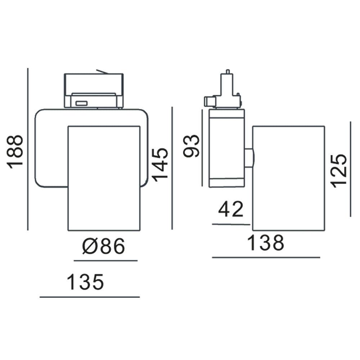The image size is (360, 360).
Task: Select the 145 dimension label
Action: (160, 163)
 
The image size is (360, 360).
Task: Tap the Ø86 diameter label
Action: (104, 247)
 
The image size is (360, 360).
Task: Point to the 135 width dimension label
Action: (86, 282)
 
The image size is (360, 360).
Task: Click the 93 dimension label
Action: (191, 146)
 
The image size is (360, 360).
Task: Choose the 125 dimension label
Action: (339, 171)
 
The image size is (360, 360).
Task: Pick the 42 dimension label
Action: (231, 210)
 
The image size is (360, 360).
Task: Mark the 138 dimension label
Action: (266, 243)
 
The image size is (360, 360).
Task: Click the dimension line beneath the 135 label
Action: (89, 297)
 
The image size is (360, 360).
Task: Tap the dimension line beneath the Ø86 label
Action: (105, 260)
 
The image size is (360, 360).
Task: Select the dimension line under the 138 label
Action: (266, 257)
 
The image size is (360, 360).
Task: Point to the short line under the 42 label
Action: (231, 224)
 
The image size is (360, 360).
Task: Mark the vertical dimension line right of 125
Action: (350, 169)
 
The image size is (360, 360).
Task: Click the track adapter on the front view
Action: (94, 91)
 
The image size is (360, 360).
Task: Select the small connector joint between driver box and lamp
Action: (249, 158)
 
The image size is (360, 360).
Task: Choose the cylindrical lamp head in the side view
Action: (288, 178)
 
